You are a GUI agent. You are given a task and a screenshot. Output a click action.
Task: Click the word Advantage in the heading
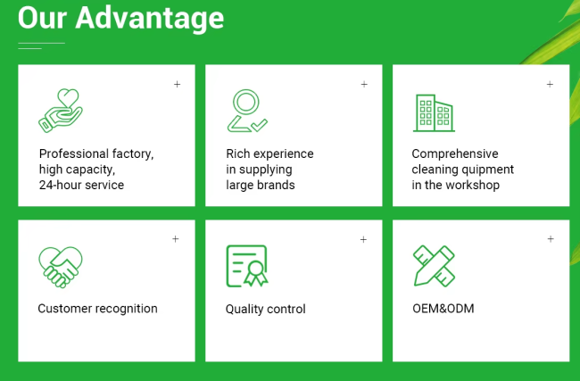[x=149, y=19]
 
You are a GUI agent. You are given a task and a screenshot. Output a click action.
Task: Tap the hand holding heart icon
[x=61, y=111]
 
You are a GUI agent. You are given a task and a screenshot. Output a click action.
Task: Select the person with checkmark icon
[x=247, y=111]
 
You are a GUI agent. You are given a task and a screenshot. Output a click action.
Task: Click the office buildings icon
[x=434, y=112]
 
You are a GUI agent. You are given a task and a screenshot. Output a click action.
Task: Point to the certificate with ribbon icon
[x=247, y=266]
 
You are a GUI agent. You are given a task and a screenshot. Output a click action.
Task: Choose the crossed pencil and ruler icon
[x=434, y=266]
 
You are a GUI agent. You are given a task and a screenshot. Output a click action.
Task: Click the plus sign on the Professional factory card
[x=178, y=85]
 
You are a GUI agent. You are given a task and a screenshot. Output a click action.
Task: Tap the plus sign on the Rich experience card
[x=364, y=85]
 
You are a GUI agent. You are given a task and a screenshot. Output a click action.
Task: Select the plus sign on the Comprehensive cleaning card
[x=550, y=85]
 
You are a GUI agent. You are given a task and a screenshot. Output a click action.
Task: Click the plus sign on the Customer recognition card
[x=175, y=239]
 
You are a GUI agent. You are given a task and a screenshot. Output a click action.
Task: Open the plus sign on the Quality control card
[x=363, y=240]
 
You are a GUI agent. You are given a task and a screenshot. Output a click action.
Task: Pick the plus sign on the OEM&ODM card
[x=551, y=239]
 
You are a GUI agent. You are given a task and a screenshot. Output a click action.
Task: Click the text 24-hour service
[x=81, y=185]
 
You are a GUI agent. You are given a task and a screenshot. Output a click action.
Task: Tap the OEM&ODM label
[x=443, y=308]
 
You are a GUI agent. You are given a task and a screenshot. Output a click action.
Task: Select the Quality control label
[x=266, y=309]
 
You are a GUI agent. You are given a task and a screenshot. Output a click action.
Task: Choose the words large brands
[x=261, y=185]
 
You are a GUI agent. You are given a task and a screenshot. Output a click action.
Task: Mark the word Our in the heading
[x=42, y=19]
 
